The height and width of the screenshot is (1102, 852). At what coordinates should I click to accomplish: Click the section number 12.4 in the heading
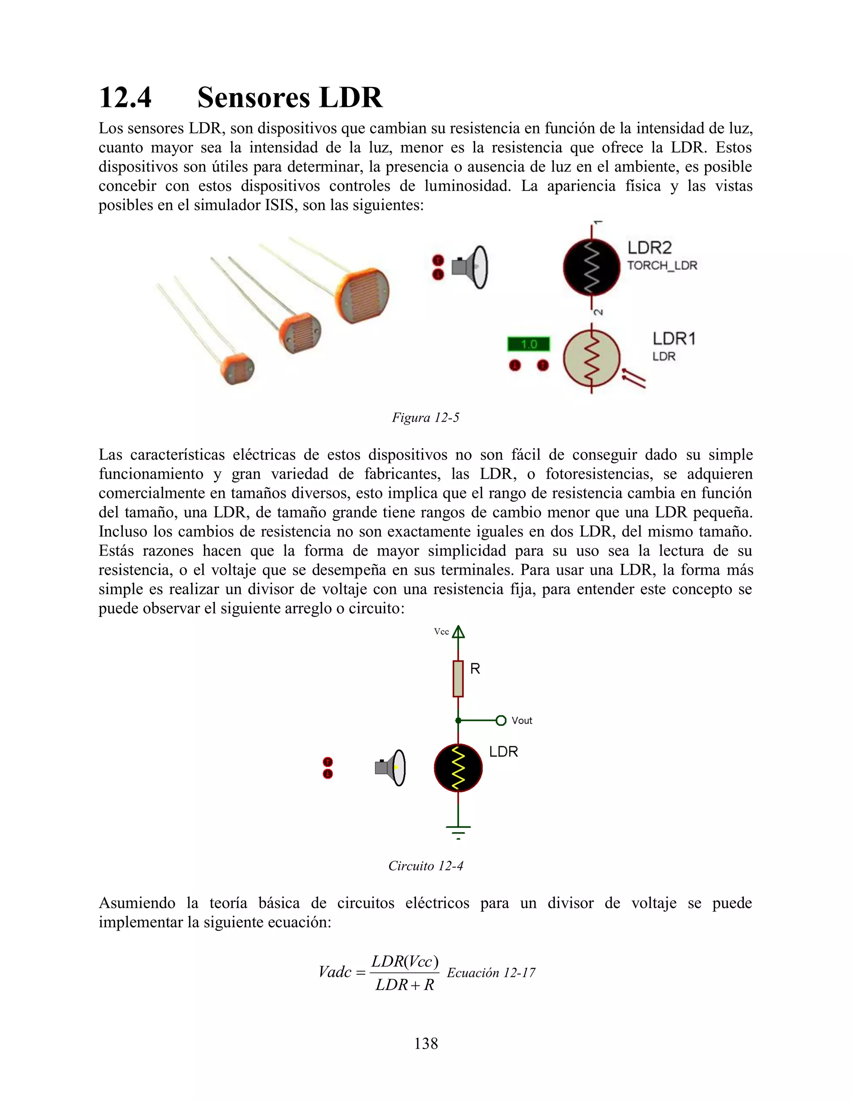[x=125, y=97]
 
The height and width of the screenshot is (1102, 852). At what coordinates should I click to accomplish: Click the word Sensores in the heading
[x=254, y=97]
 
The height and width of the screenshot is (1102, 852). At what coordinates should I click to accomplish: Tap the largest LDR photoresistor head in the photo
[x=364, y=295]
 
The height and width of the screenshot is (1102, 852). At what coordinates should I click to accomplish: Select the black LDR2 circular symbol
[x=591, y=267]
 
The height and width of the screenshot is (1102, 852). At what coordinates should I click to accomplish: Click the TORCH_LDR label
[x=662, y=265]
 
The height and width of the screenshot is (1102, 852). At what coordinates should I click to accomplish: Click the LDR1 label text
[x=674, y=339]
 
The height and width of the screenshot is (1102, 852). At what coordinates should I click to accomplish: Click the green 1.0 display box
[x=528, y=344]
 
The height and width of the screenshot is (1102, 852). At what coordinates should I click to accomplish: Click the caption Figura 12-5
[x=426, y=418]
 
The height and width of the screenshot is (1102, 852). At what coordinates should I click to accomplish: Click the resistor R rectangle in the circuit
[x=458, y=678]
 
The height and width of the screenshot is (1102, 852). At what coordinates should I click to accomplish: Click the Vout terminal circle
[x=501, y=721]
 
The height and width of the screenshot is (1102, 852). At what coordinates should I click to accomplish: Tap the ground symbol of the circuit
[x=458, y=830]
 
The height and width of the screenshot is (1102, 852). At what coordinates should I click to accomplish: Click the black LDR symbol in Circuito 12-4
[x=458, y=768]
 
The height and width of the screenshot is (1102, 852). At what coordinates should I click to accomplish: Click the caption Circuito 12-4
[x=426, y=866]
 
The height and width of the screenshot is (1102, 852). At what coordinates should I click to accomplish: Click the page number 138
[x=426, y=1043]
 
